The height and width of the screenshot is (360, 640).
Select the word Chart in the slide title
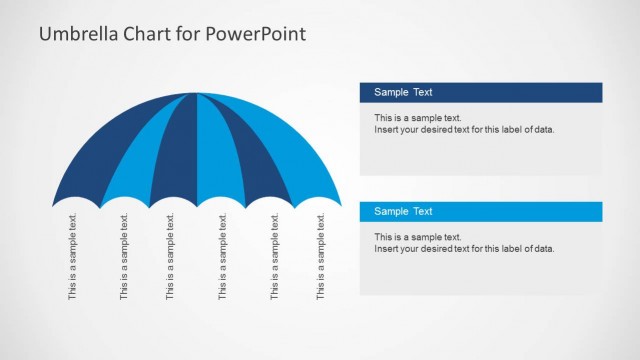coord(147,34)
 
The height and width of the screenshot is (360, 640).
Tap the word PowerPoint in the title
coord(257,34)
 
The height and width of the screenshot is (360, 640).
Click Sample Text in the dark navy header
coord(403,92)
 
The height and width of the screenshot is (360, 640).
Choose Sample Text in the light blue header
coord(403,211)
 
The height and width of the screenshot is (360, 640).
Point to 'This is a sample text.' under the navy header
coord(418,118)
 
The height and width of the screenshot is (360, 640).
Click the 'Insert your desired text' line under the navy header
coord(464,130)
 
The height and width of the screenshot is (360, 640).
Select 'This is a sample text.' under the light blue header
coord(418,237)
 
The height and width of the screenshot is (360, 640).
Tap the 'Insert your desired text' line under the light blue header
coord(464,249)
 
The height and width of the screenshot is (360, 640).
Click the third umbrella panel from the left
coord(176,160)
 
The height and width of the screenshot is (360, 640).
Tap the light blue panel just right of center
coord(217,160)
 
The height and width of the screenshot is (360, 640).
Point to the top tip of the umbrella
coord(196,94)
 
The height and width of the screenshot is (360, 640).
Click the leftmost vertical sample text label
coord(72,257)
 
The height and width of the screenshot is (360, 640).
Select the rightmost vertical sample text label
coord(321,257)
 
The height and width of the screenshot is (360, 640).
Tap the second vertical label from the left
coord(124,257)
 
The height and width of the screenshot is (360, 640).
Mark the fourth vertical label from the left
coord(223,257)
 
